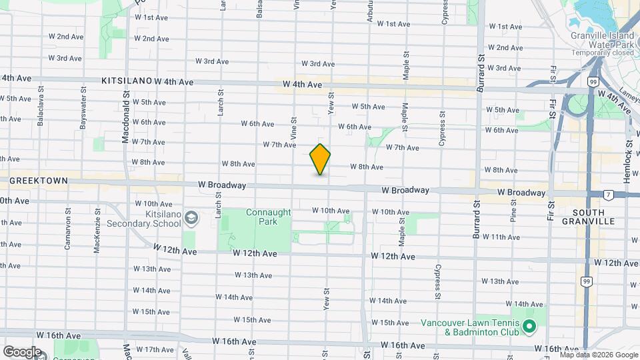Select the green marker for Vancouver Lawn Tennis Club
(x=529, y=327)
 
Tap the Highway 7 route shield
(x=608, y=195)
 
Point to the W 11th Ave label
(x=496, y=237)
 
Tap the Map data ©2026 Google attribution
(x=599, y=355)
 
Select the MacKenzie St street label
(x=97, y=231)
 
